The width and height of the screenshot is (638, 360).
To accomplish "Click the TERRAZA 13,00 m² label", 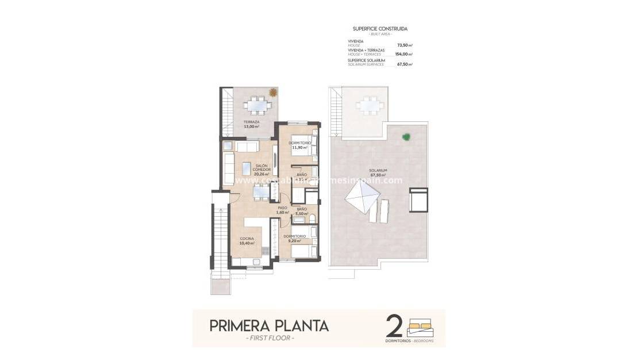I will [x=251, y=124].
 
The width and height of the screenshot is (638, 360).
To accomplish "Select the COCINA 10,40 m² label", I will [x=247, y=241].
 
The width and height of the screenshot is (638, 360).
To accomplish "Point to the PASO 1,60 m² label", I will [x=282, y=210].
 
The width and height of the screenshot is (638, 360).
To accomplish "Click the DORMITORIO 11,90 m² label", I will [x=300, y=145].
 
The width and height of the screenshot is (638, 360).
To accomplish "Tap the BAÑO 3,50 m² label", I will [x=301, y=211].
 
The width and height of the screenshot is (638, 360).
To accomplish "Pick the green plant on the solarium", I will [x=406, y=137].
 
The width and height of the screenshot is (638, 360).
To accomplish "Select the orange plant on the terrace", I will [x=273, y=92].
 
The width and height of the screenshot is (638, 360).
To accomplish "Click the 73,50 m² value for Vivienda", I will [x=405, y=44].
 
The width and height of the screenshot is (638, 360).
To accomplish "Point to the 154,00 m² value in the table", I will [x=403, y=54].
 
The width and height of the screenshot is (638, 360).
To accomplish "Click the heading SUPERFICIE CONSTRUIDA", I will [x=380, y=28].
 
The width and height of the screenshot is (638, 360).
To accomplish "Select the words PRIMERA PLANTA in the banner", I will [x=269, y=325].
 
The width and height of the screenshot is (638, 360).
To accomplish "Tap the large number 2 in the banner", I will [x=394, y=325].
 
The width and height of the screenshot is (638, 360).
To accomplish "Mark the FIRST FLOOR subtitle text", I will [x=269, y=338].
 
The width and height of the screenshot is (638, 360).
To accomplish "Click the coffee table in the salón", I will [x=245, y=168].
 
